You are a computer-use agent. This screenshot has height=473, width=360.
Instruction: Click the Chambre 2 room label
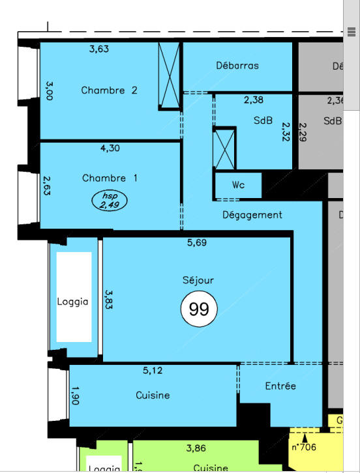(109, 91)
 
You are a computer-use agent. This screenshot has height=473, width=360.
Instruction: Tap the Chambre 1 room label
(110, 178)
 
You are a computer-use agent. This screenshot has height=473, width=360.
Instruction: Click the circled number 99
(198, 309)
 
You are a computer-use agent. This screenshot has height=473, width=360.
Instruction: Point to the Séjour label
(198, 280)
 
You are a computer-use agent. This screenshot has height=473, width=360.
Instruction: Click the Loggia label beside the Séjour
(72, 301)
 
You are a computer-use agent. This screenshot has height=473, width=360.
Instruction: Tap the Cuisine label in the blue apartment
(153, 395)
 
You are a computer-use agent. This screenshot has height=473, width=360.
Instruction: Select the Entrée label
(280, 386)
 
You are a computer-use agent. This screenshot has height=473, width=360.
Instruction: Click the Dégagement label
(252, 214)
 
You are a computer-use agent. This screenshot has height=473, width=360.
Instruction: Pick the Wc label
(238, 185)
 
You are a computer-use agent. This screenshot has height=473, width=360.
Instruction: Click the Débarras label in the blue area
(237, 65)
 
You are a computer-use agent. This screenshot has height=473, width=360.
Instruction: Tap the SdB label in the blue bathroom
(263, 121)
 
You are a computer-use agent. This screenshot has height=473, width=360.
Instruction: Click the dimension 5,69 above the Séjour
(197, 243)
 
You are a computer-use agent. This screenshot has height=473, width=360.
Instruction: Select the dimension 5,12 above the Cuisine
(153, 371)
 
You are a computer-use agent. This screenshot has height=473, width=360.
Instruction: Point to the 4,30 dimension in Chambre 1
(110, 148)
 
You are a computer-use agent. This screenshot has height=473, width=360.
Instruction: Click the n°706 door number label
(304, 447)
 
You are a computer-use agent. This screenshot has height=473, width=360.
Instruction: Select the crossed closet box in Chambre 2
(169, 76)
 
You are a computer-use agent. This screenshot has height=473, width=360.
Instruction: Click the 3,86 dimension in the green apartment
(196, 448)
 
